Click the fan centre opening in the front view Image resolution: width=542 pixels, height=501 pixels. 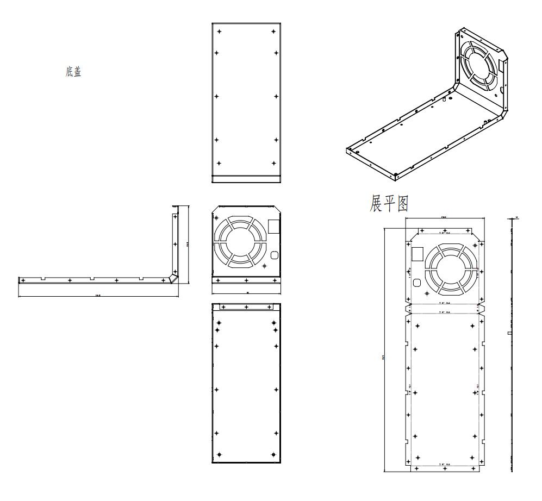click(x=240, y=241)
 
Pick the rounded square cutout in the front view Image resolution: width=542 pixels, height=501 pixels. click(x=273, y=255)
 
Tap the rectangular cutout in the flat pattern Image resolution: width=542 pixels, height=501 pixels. click(x=417, y=254)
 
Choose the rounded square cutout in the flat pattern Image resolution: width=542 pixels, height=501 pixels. click(x=417, y=283)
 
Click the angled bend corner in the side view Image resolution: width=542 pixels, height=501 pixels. click(x=172, y=277)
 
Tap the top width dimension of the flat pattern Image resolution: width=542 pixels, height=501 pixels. click(x=444, y=217)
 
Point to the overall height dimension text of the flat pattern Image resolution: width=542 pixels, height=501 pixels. click(x=384, y=357)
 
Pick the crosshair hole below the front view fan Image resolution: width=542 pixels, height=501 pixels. click(x=264, y=266)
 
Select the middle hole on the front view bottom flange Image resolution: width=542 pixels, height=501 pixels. click(x=247, y=280)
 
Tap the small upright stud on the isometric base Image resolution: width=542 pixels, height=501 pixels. click(x=444, y=99)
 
